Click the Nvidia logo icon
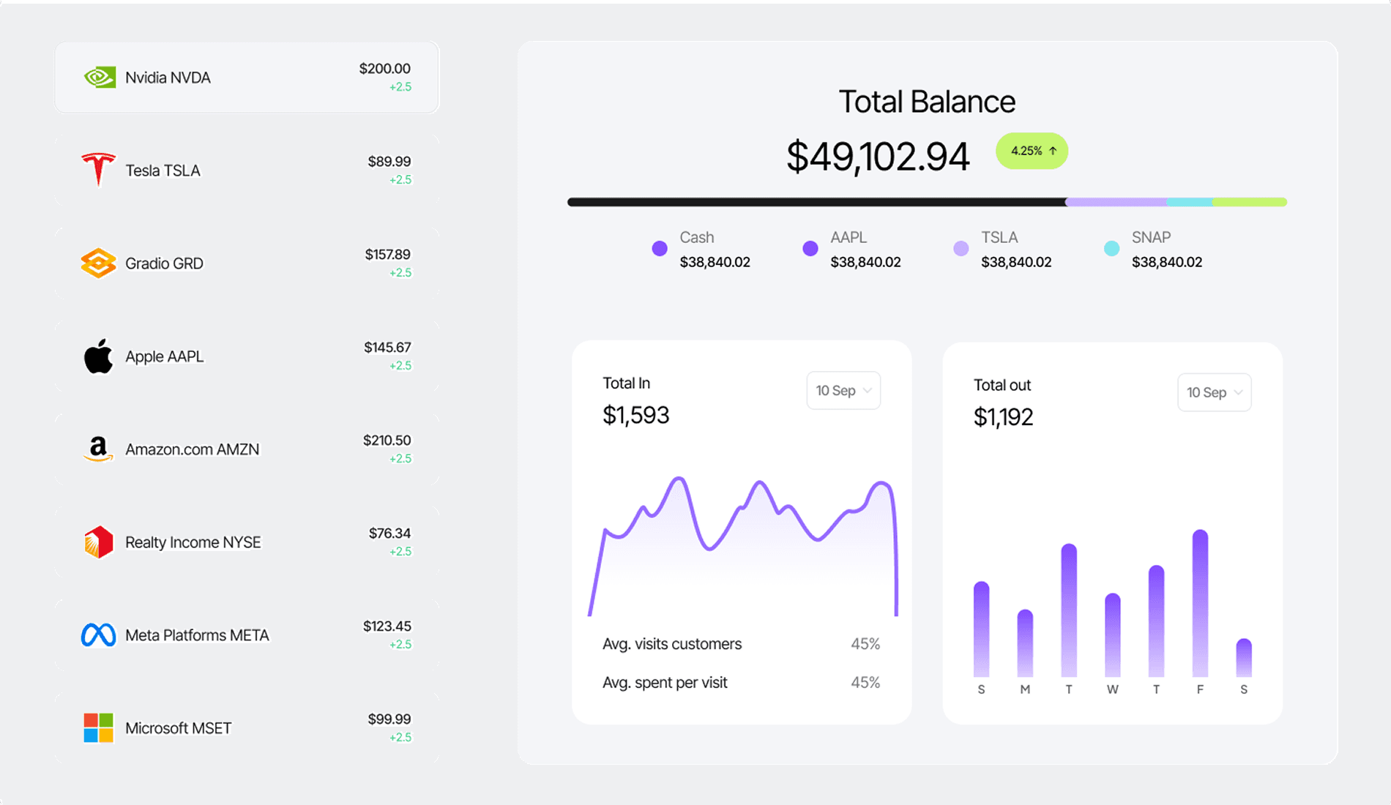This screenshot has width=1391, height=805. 99,78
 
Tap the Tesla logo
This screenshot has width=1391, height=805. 98,170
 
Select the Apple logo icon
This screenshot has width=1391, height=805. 98,356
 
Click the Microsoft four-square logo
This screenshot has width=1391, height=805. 98,728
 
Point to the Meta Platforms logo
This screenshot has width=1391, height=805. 98,635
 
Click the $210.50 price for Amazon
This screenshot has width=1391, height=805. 387,441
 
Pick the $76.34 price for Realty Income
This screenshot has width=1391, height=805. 389,533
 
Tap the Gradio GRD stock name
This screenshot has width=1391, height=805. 164,263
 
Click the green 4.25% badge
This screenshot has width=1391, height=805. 1032,151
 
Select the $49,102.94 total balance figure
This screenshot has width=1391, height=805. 878,157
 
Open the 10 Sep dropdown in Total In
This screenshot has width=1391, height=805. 843,391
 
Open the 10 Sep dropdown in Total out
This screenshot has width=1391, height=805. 1214,393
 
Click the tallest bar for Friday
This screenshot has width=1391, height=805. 1200,604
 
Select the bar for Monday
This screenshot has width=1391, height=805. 1025,643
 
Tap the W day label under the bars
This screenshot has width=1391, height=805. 1112,689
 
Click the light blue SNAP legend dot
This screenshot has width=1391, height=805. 1111,249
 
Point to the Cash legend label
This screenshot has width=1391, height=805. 696,238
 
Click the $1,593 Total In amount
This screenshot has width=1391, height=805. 635,416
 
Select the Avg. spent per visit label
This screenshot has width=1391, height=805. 665,683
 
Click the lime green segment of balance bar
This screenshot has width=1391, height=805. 1249,202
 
